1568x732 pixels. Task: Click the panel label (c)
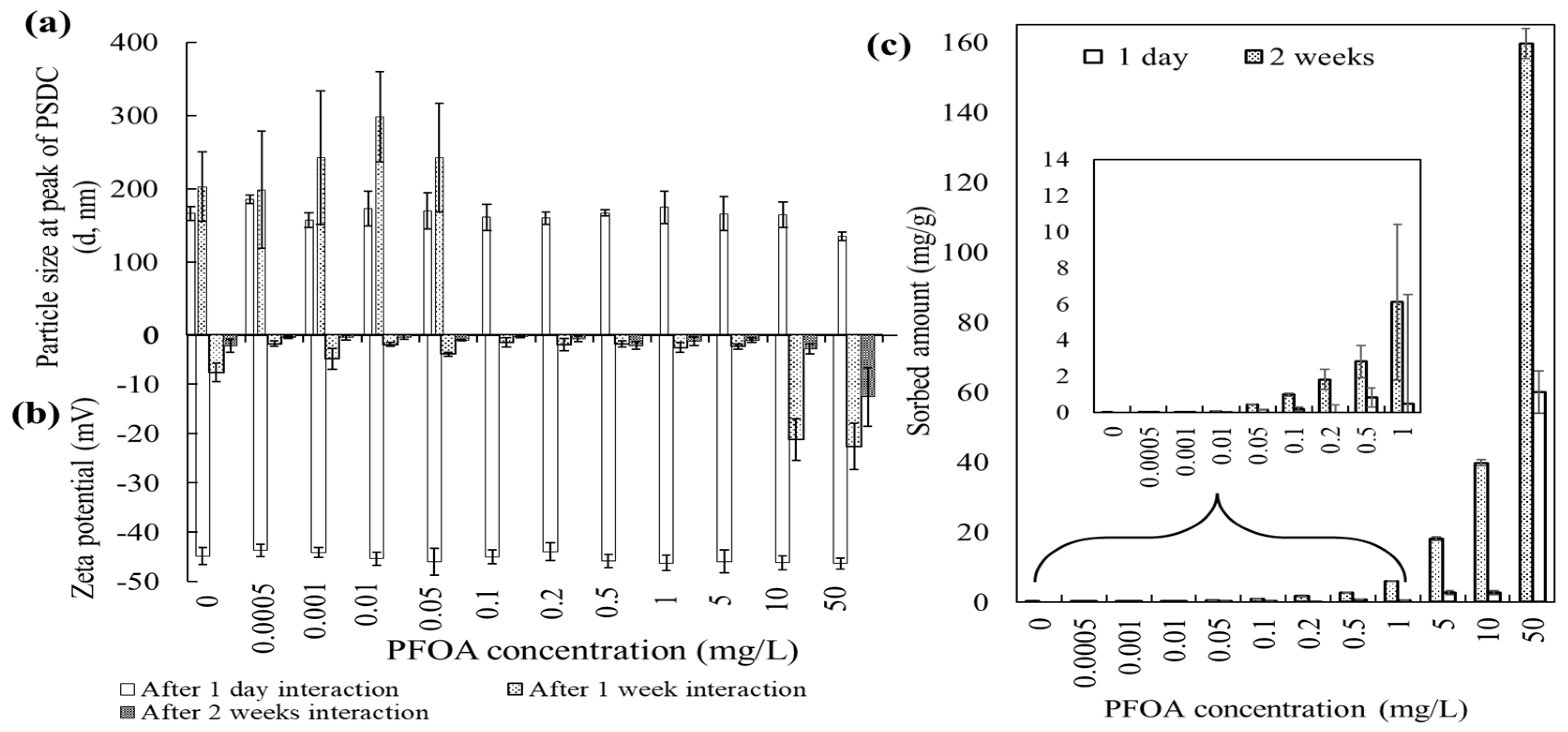click(x=889, y=47)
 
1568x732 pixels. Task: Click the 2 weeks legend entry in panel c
click(x=1309, y=58)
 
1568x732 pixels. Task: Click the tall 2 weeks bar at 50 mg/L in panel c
click(x=1525, y=323)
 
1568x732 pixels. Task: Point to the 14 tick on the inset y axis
click(x=1056, y=160)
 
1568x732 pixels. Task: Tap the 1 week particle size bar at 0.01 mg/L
click(x=379, y=225)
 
